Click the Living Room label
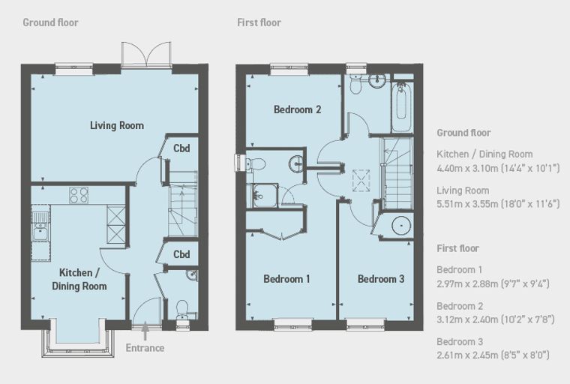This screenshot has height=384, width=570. (117, 125)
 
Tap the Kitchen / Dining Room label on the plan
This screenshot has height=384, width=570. (79, 279)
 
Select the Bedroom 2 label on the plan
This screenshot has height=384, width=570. (297, 109)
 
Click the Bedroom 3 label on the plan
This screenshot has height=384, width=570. (381, 279)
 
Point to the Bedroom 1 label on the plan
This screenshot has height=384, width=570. (286, 279)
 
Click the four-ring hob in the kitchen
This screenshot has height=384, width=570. (79, 195)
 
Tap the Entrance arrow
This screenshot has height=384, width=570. (145, 331)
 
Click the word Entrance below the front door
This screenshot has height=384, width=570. (145, 348)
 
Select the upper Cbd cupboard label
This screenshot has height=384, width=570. (181, 148)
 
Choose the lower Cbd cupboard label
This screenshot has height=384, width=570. (181, 254)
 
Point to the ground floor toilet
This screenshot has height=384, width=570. (181, 310)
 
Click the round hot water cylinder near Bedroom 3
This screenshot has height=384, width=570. (401, 226)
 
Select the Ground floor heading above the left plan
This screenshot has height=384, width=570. (50, 22)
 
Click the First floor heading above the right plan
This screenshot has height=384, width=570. (259, 22)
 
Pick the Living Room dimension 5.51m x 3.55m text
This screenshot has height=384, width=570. (498, 204)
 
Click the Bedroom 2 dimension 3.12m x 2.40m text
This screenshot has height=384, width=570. (496, 319)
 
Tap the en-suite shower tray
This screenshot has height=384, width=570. (265, 196)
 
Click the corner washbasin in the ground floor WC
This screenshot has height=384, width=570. (192, 275)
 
